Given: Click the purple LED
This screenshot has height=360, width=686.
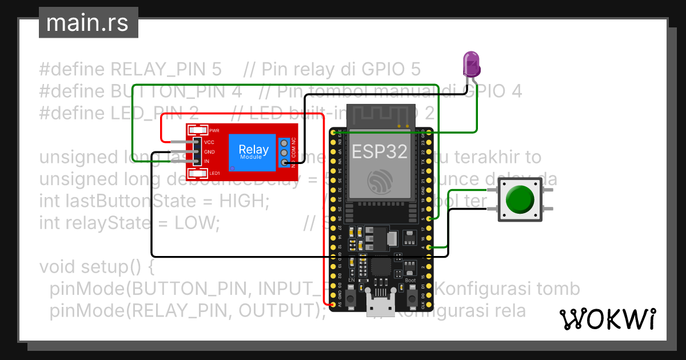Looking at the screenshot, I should click(472, 63).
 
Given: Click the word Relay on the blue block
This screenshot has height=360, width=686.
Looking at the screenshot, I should click(254, 150).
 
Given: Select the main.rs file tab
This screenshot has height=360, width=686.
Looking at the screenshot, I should click(88, 23).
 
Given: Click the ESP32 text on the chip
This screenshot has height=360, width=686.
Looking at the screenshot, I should click(380, 151).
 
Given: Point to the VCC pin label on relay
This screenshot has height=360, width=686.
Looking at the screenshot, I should click(209, 142).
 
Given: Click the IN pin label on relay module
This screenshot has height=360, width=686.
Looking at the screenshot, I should click(207, 162).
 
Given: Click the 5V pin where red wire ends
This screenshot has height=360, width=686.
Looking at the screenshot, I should click(333, 304).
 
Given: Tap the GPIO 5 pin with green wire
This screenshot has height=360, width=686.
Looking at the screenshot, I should click(429, 219).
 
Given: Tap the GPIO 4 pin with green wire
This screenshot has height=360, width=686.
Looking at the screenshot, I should click(429, 247).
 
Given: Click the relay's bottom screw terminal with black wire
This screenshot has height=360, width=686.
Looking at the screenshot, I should click(284, 163).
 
